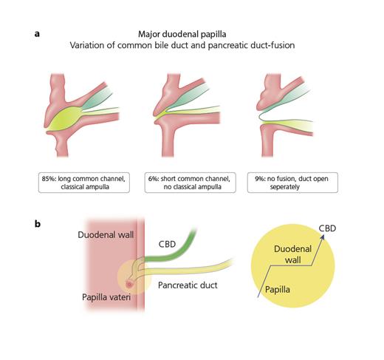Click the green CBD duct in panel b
176,252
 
